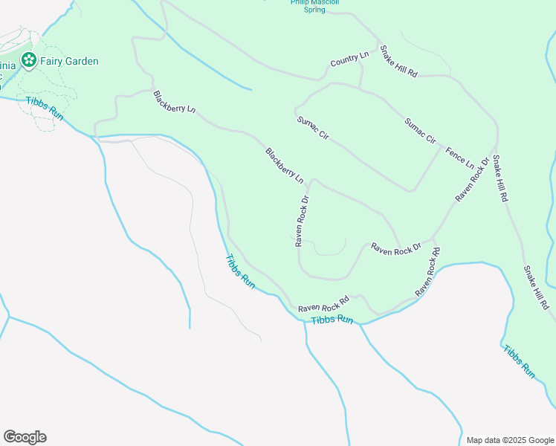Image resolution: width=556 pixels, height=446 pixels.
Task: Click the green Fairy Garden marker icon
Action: pyautogui.click(x=28, y=60)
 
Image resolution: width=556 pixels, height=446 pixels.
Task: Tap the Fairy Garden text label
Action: pyautogui.click(x=68, y=61)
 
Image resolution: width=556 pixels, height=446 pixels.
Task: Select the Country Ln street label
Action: pyautogui.click(x=349, y=59)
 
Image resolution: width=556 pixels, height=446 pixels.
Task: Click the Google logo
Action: pyautogui.click(x=25, y=437)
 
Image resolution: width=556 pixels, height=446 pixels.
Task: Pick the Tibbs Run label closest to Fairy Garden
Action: pyautogui.click(x=45, y=109)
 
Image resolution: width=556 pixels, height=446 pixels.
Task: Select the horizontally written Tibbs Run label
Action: pyautogui.click(x=332, y=319)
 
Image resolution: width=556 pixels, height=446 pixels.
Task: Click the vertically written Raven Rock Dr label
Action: pyautogui.click(x=301, y=221)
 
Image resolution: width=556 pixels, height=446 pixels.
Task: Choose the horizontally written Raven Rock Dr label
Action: pyautogui.click(x=396, y=250)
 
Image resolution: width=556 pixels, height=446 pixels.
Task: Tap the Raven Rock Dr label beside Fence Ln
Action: pyautogui.click(x=473, y=179)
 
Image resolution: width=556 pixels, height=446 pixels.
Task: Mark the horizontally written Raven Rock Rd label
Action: pyautogui.click(x=323, y=305)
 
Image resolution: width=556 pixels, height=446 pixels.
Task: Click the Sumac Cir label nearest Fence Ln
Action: pyautogui.click(x=420, y=131)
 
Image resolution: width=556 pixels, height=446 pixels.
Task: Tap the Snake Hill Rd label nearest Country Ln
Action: pyautogui.click(x=398, y=62)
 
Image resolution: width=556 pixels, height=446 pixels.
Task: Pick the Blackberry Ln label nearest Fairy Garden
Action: pyautogui.click(x=174, y=102)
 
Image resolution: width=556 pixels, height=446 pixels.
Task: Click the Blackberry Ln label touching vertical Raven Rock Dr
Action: pyautogui.click(x=285, y=166)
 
